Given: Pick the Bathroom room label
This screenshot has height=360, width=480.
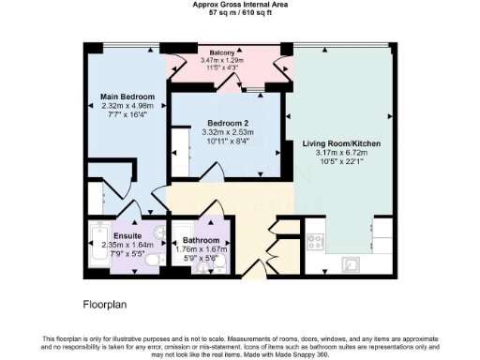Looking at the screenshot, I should pos(202,241).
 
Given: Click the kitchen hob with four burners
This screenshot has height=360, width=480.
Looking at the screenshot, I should pos(316,241).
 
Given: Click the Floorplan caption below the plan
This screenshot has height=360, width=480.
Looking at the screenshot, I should pos(106,304).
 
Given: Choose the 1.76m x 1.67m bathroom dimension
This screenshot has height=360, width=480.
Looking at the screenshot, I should pos(202,249).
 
